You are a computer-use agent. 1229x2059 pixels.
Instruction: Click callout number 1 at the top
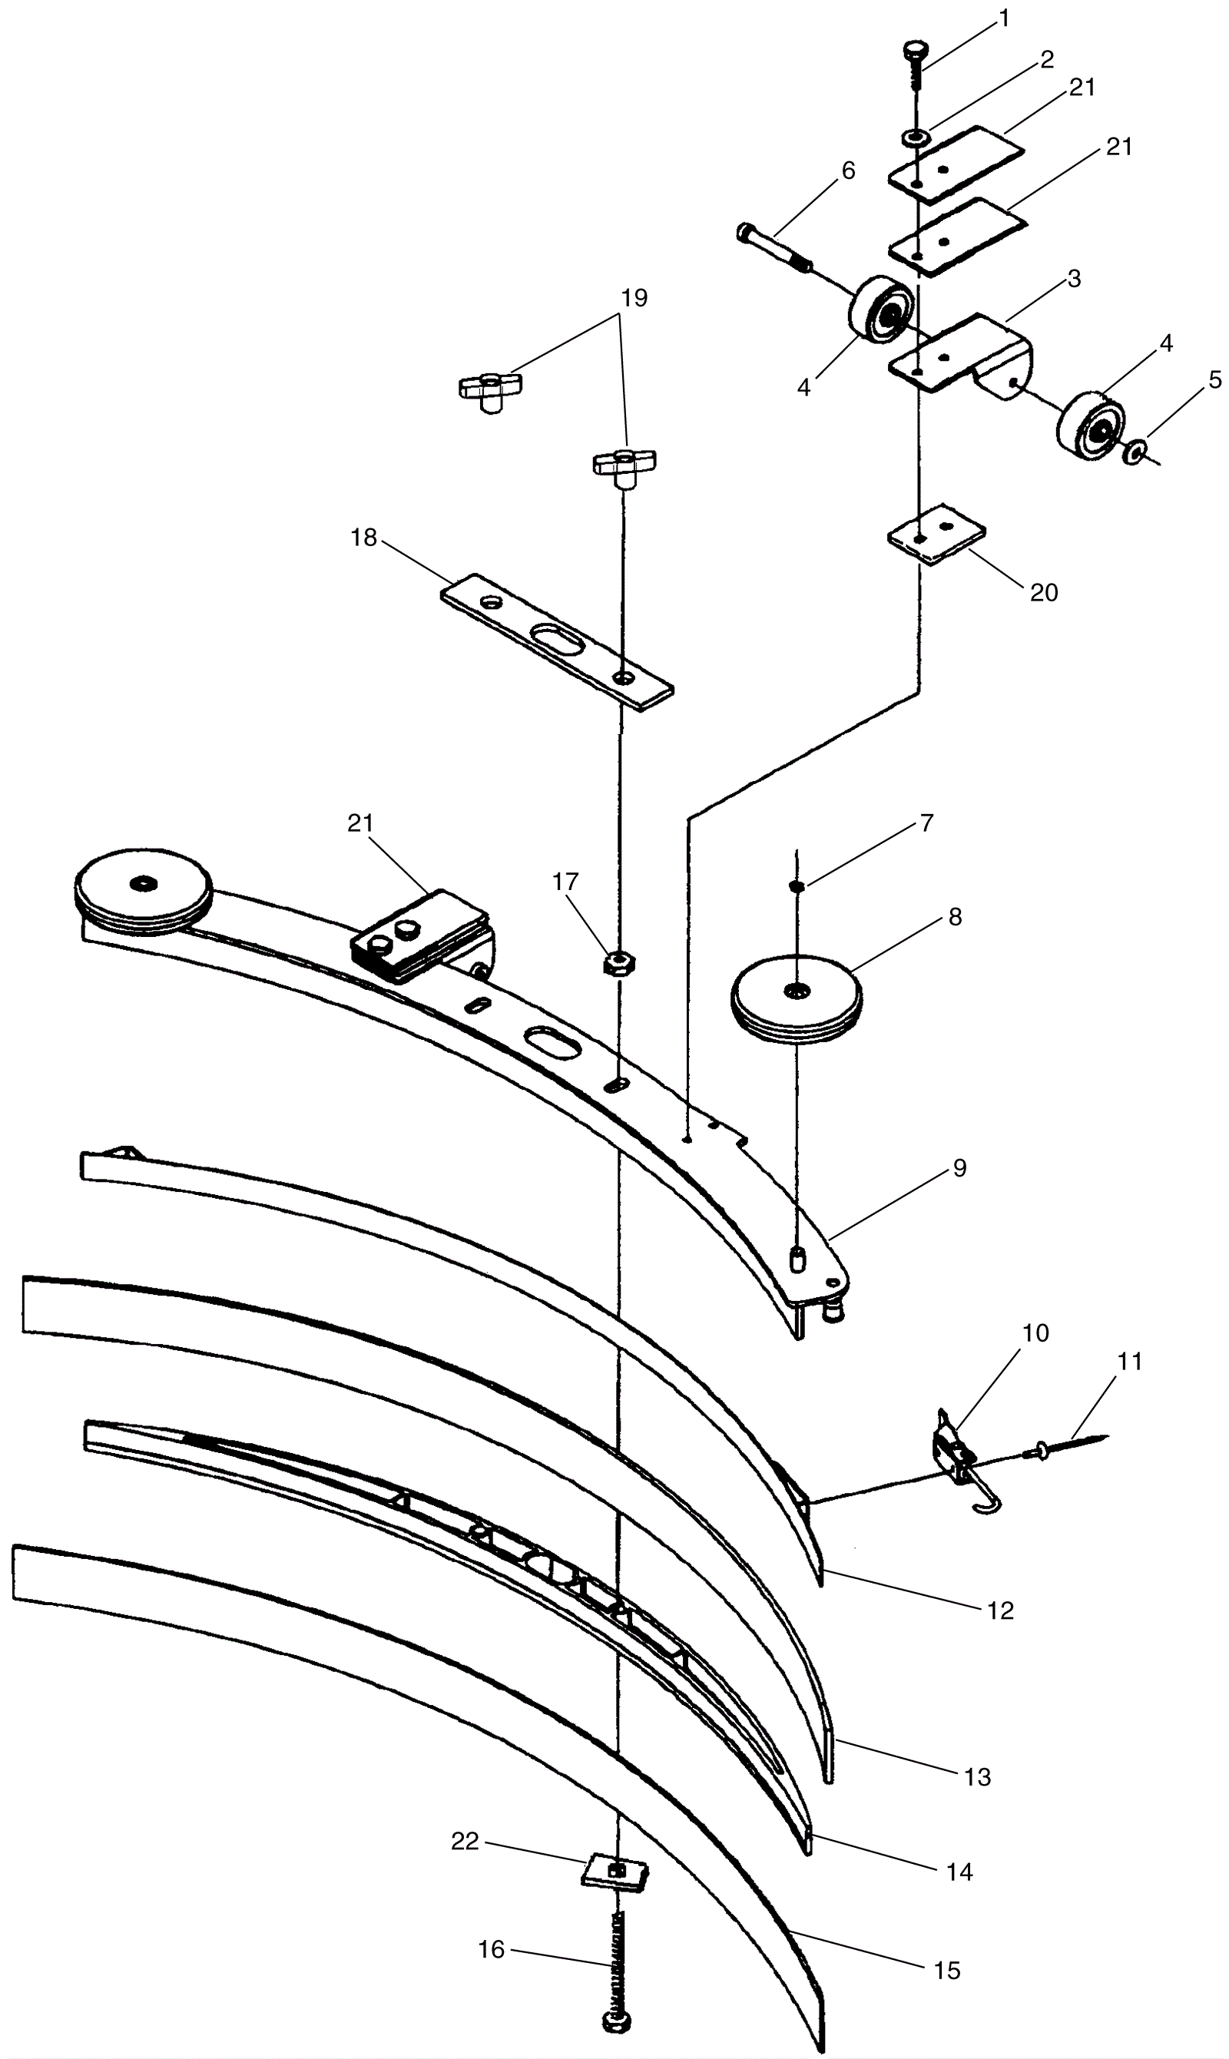1005,19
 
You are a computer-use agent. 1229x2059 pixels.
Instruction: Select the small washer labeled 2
914,137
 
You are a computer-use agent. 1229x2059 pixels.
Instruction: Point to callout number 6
847,170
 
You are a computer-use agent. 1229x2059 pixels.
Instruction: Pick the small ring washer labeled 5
1135,452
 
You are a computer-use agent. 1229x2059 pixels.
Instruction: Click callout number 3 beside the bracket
1073,279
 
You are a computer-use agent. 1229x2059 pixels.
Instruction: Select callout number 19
634,298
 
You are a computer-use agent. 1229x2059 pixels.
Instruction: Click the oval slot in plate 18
557,641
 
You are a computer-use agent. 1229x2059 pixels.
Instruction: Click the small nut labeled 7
796,887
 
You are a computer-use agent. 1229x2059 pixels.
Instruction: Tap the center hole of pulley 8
796,990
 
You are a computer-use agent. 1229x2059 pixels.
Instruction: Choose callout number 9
960,1168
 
